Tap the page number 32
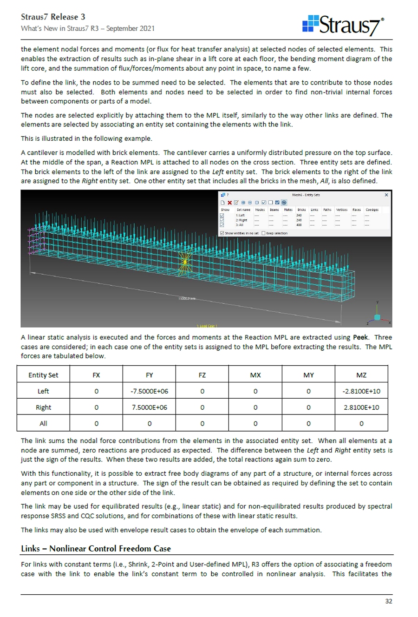tap(388, 601)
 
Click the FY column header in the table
tap(149, 375)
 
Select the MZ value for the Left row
tap(361, 391)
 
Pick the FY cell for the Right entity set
tap(149, 407)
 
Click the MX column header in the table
tap(255, 375)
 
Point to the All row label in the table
tap(43, 423)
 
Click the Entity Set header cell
tap(43, 375)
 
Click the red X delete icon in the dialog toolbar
tap(229, 203)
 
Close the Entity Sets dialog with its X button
tap(386, 195)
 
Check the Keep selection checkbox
tap(264, 233)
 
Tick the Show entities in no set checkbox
tap(222, 233)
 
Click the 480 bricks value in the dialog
tap(299, 225)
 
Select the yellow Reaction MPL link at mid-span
tap(185, 263)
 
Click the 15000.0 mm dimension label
tap(185, 298)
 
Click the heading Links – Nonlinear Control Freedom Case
tap(96, 548)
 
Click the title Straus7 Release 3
tap(53, 17)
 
